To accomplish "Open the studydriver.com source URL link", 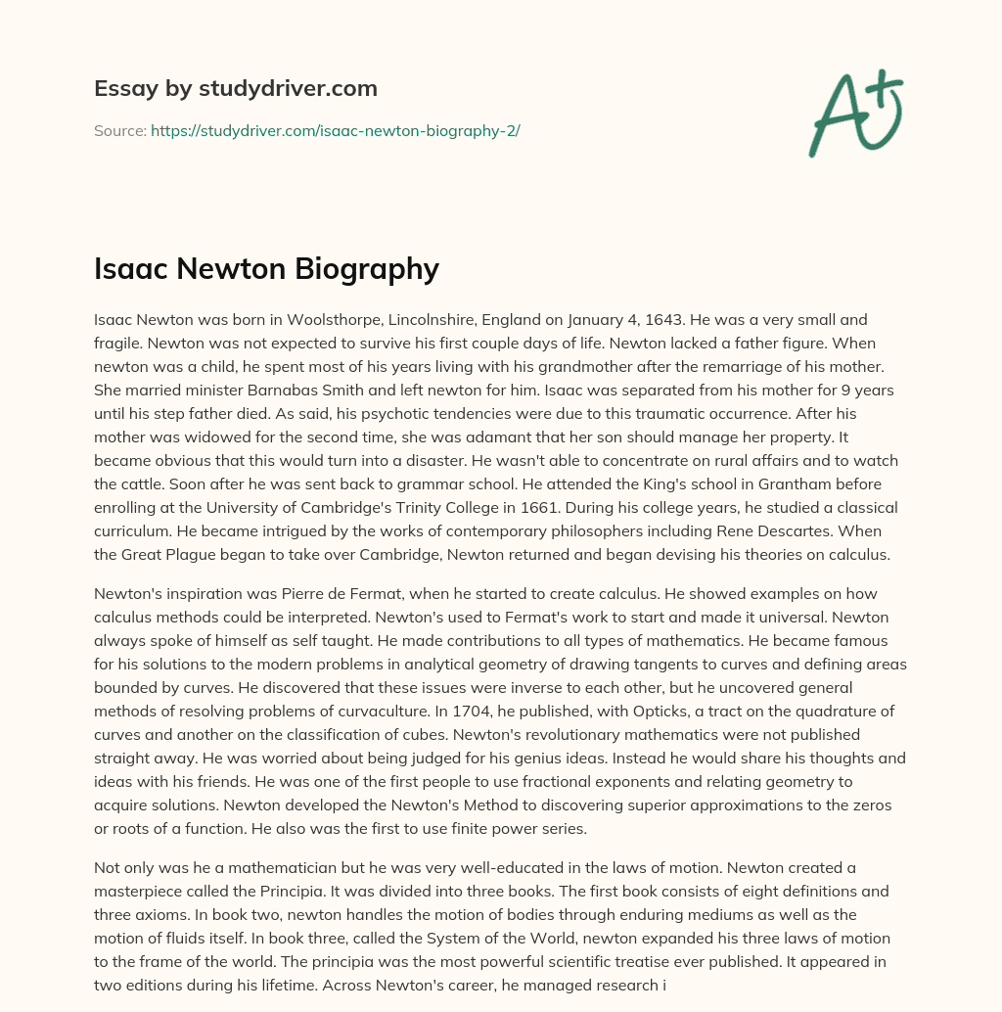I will (335, 130).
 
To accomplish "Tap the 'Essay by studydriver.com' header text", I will (235, 88).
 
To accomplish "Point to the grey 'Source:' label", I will (119, 130).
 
